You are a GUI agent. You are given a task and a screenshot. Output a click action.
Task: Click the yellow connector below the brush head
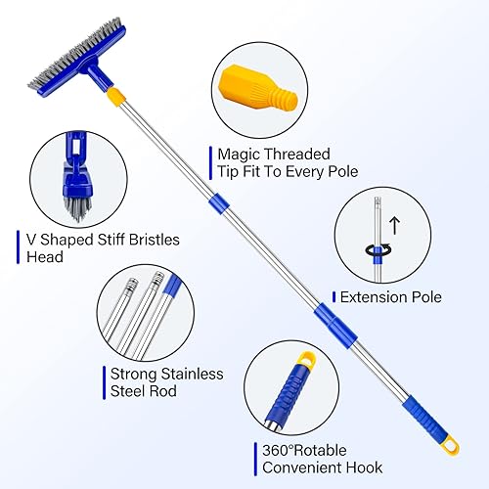coord(116,96)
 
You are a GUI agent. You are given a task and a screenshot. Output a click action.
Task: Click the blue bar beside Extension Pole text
coord(333,296)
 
